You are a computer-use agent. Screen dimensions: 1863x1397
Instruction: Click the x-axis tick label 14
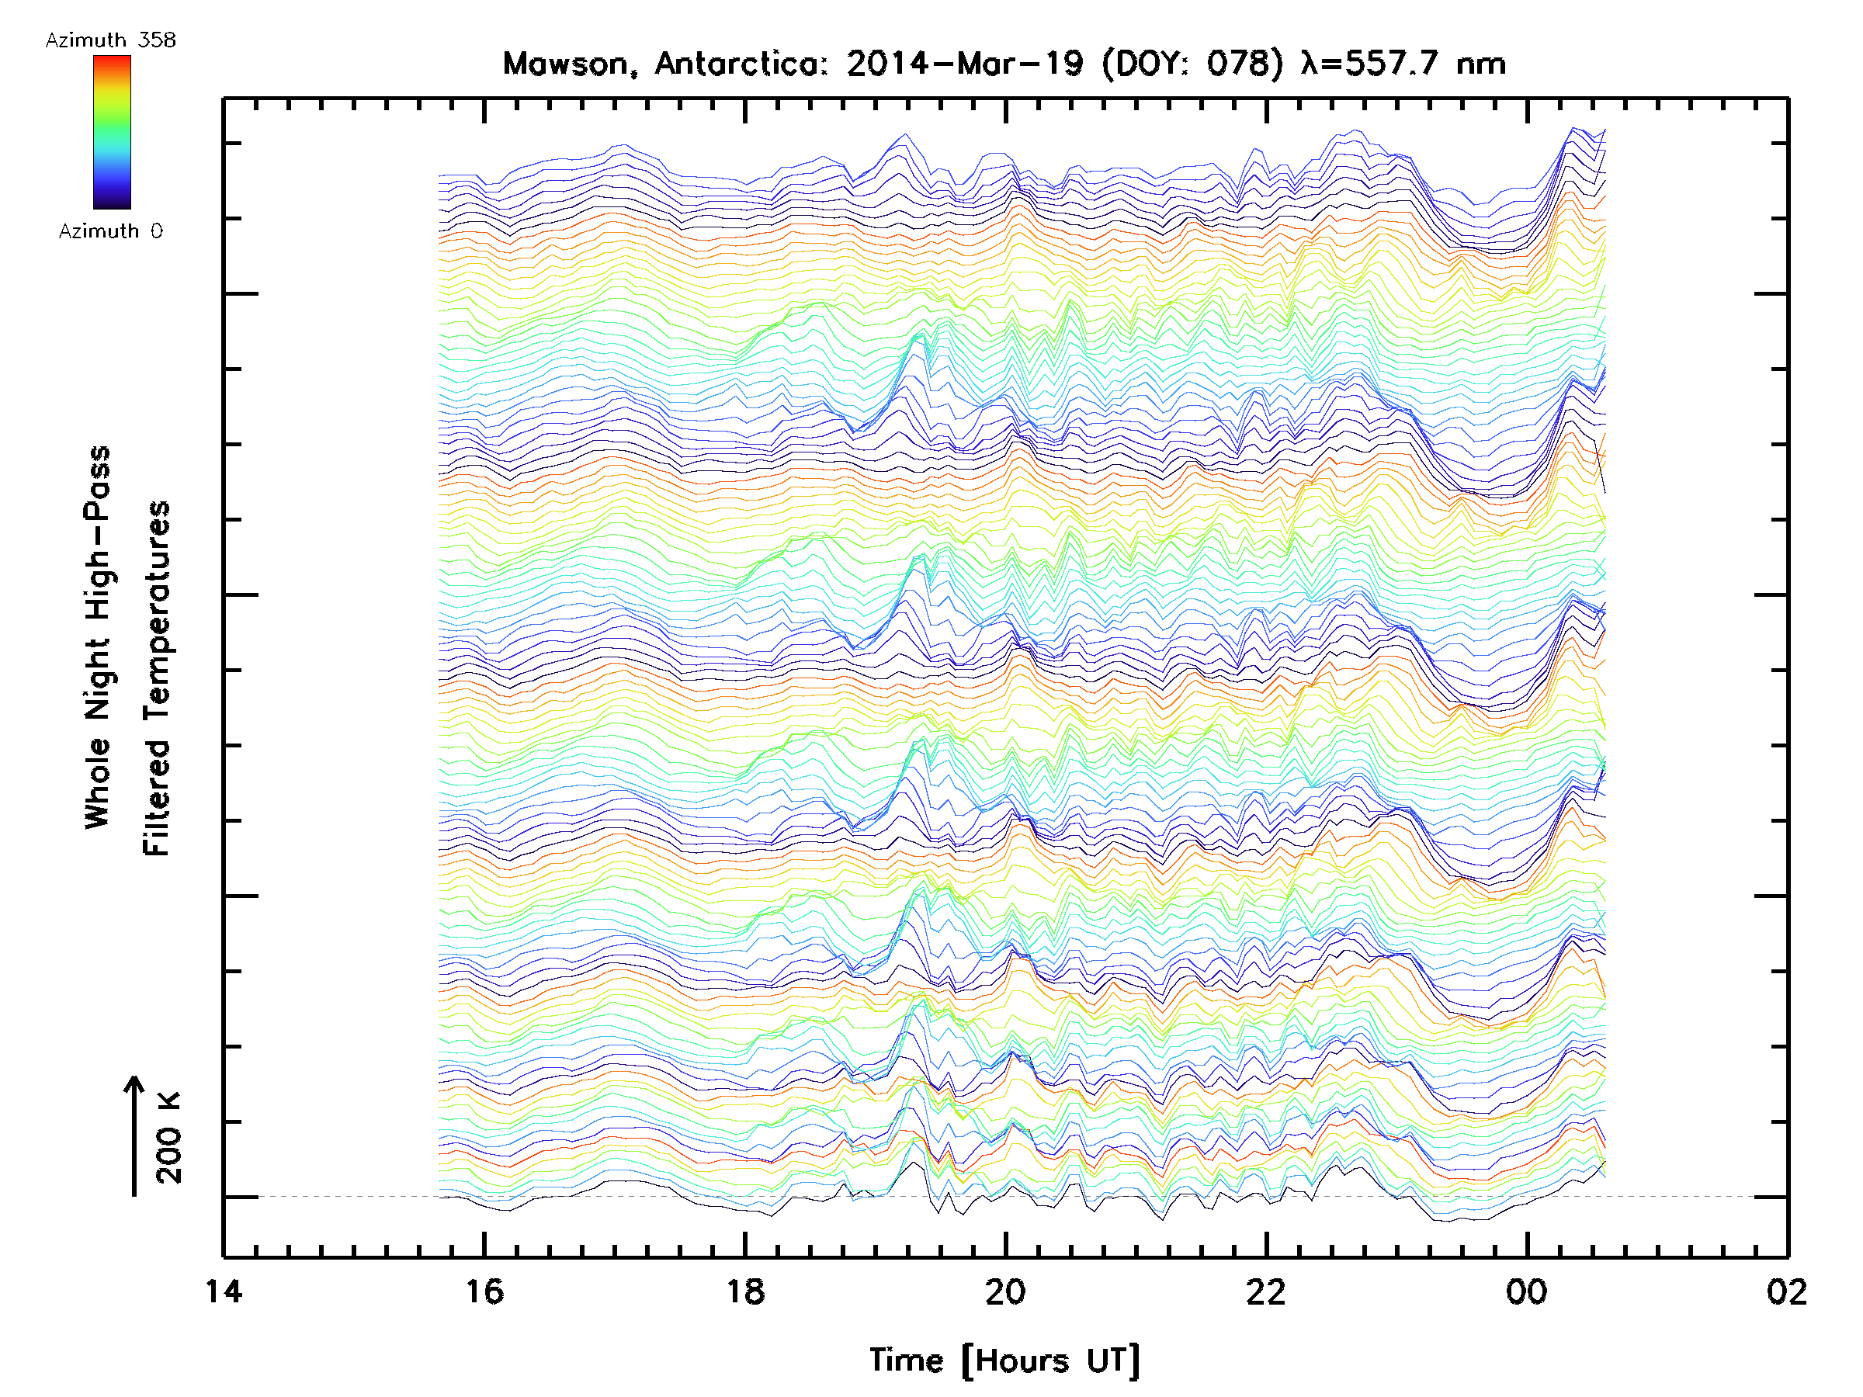[x=224, y=1291]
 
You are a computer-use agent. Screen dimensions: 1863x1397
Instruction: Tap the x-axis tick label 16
[x=484, y=1291]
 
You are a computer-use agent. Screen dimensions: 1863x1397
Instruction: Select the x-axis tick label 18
[x=745, y=1291]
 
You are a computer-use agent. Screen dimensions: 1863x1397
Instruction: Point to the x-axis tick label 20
[x=1005, y=1291]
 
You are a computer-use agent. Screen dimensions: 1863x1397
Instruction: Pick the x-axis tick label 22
[x=1266, y=1291]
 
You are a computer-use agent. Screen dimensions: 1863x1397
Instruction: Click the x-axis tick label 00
[x=1527, y=1291]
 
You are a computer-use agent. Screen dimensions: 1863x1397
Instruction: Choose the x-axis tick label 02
[x=1786, y=1291]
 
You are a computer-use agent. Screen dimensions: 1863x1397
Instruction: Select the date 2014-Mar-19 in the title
[x=965, y=64]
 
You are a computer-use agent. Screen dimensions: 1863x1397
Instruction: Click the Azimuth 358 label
[x=110, y=40]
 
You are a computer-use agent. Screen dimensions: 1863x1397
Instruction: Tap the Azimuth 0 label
[x=110, y=231]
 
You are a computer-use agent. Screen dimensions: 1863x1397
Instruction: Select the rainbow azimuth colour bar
[x=112, y=132]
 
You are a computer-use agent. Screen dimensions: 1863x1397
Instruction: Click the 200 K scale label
[x=168, y=1138]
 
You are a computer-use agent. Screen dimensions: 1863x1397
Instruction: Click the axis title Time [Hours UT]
[x=1004, y=1361]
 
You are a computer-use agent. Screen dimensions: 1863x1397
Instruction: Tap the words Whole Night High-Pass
[x=98, y=637]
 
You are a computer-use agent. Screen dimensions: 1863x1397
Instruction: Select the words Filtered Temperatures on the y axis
[x=157, y=679]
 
